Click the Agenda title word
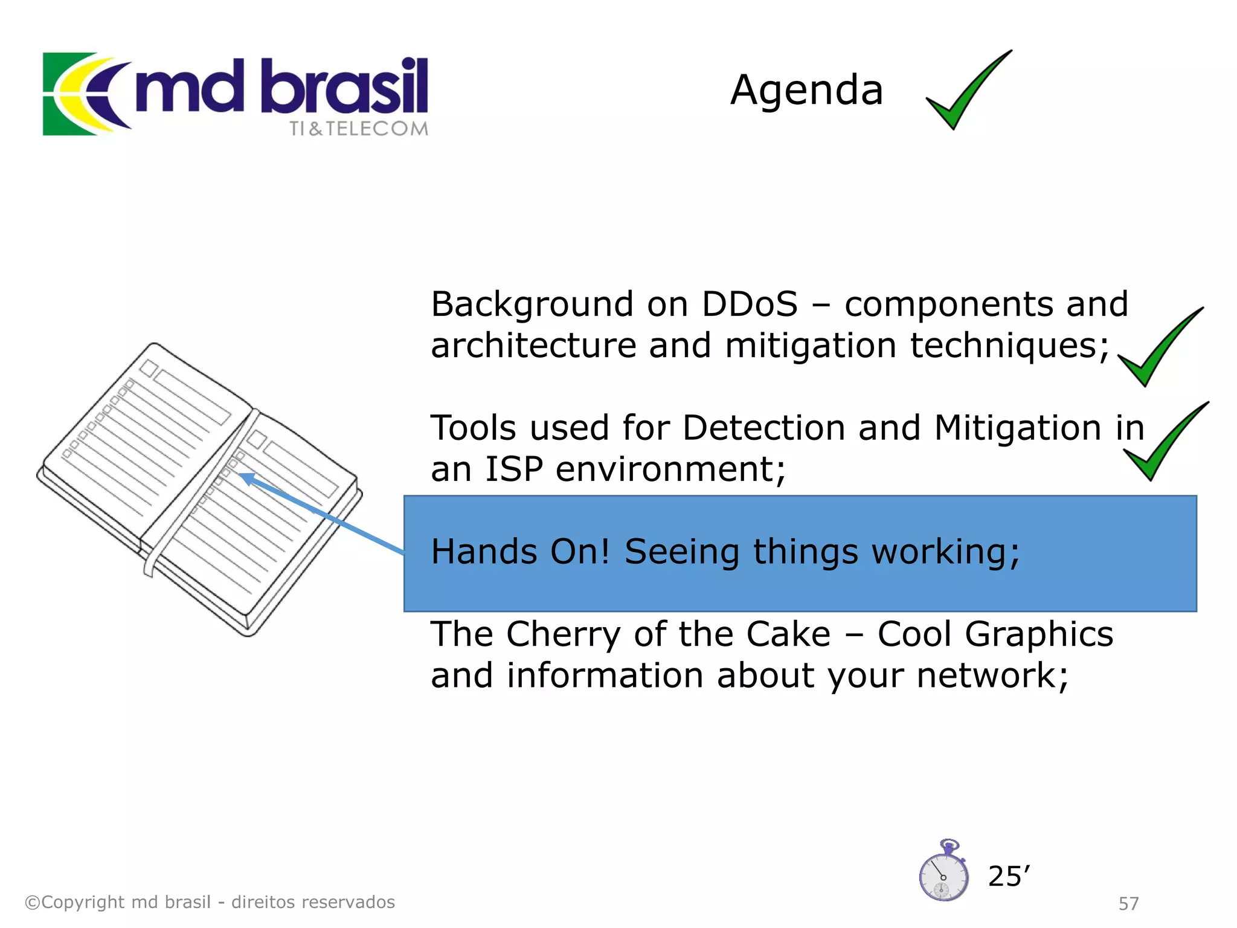(806, 91)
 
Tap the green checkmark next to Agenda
(966, 91)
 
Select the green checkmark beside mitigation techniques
(1157, 350)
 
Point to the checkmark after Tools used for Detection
(1163, 444)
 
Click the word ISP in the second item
(513, 469)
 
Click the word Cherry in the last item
(562, 634)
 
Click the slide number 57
(1128, 904)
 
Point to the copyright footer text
(210, 902)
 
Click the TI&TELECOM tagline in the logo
(358, 129)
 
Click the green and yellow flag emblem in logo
(79, 94)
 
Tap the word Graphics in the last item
(1039, 634)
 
